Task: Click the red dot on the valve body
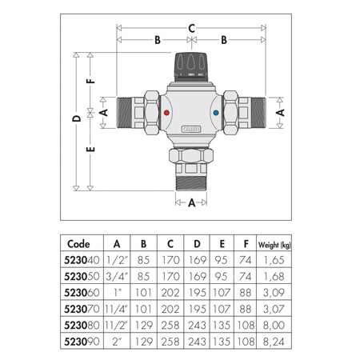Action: (x=166, y=114)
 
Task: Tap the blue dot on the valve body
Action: (x=219, y=114)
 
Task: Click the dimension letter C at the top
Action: (x=192, y=28)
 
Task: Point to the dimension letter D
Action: (x=76, y=118)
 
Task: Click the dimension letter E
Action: (x=91, y=150)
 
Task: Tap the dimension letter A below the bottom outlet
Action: (x=192, y=203)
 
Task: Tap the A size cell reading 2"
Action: (x=117, y=340)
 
